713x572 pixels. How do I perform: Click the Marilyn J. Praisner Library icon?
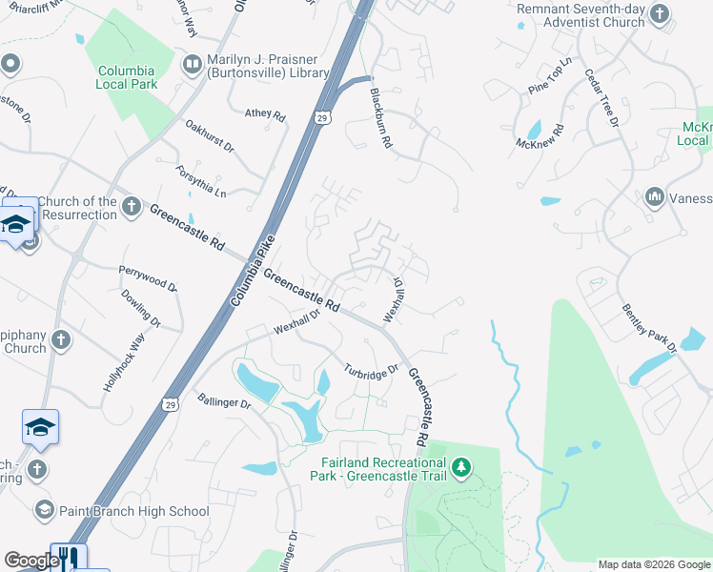pos(192,64)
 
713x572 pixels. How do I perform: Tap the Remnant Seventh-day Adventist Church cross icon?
pos(662,15)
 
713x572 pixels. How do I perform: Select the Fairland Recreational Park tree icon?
pos(461,466)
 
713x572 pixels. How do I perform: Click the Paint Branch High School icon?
pos(44,511)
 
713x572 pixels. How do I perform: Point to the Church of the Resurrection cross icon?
pos(132,207)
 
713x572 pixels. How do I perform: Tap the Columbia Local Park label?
pos(127,77)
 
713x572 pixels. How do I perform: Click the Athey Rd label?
pos(265,114)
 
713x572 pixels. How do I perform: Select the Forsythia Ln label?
pos(201,180)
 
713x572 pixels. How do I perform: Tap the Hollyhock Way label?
pos(126,363)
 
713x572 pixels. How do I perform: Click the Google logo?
pos(31,561)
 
